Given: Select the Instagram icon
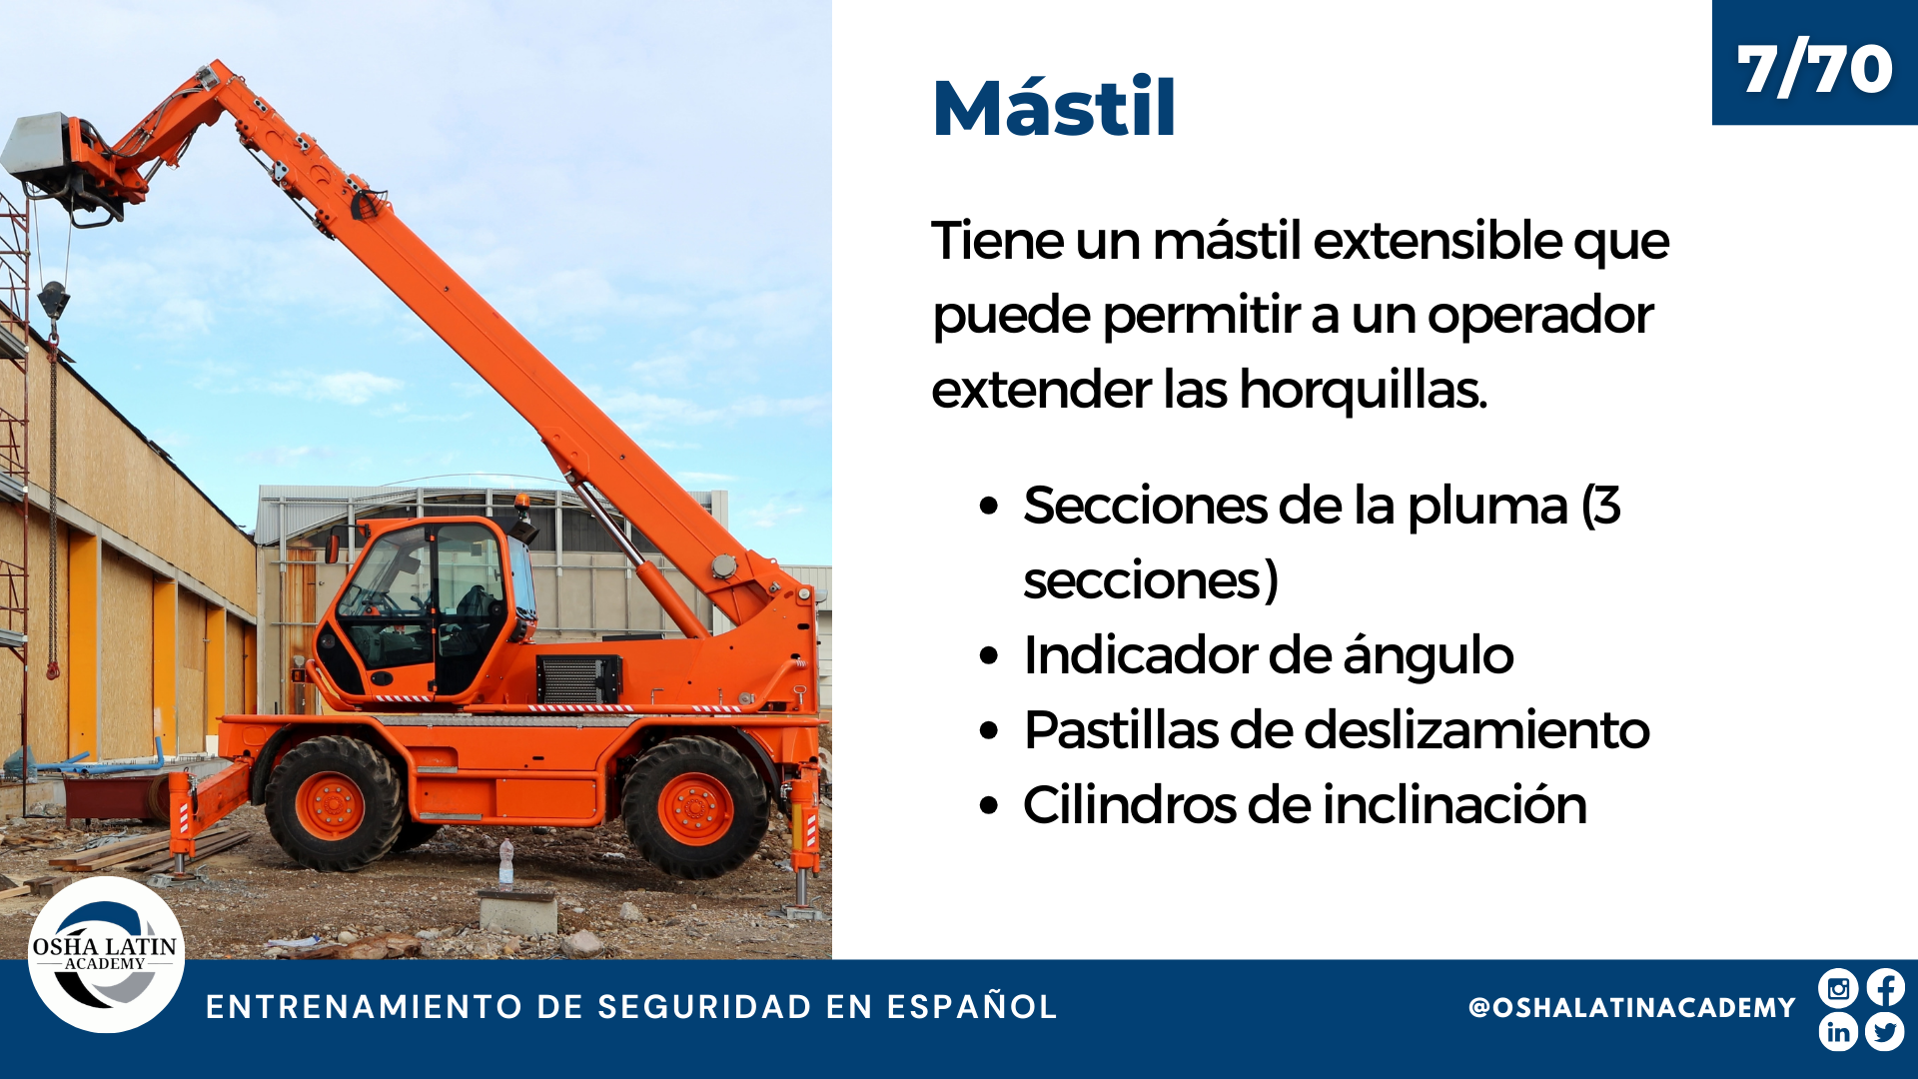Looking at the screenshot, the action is [1838, 988].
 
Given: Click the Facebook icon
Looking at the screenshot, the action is [1885, 988].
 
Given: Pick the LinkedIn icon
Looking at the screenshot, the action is [1838, 1032].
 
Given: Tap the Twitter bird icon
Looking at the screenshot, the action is [1885, 1032].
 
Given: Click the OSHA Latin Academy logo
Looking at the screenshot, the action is [106, 954].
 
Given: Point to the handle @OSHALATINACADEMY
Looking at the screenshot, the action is [1632, 1007].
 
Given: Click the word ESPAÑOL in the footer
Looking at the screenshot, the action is [972, 1006].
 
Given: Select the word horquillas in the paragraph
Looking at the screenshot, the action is [1364, 390].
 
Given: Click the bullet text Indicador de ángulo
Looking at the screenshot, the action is [1269, 655].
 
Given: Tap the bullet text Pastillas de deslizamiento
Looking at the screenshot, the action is [1337, 729].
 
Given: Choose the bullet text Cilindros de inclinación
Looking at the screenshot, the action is [1305, 804].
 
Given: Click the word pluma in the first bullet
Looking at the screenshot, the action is [1487, 506].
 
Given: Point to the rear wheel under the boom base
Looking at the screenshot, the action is [695, 807].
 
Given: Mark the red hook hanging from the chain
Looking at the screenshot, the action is [52, 667].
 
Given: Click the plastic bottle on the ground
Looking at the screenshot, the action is [506, 861].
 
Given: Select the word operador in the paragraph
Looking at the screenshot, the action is [1540, 316].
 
